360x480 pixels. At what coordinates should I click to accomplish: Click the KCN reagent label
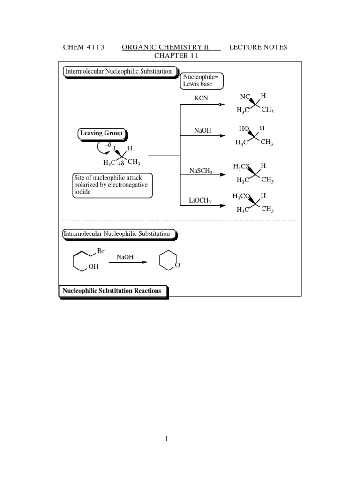pos(202,97)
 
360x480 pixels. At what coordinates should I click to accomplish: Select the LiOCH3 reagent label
pos(200,201)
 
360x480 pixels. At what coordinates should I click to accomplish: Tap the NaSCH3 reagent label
pos(201,172)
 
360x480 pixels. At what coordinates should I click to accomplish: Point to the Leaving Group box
pos(101,133)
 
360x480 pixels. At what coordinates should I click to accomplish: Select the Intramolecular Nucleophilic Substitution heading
pos(119,233)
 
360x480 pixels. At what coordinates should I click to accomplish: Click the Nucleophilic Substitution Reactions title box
pos(112,291)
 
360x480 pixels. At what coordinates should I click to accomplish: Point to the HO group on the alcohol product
pos(244,128)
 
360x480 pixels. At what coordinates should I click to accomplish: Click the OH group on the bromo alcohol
pos(94,267)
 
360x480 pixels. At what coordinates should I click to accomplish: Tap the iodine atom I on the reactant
pos(114,149)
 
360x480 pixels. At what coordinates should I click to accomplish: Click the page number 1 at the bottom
pos(166,439)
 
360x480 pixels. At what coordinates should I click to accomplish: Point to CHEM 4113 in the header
pos(83,47)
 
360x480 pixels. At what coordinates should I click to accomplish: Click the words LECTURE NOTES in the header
pos(258,47)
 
